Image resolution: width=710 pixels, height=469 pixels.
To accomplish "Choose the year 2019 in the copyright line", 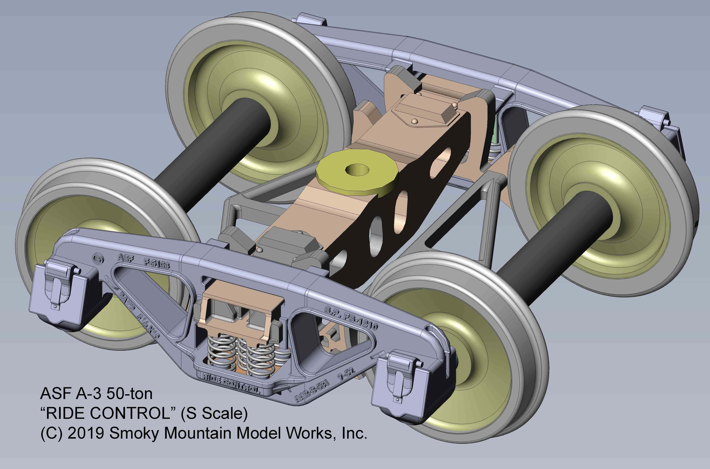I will point(85,433).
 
